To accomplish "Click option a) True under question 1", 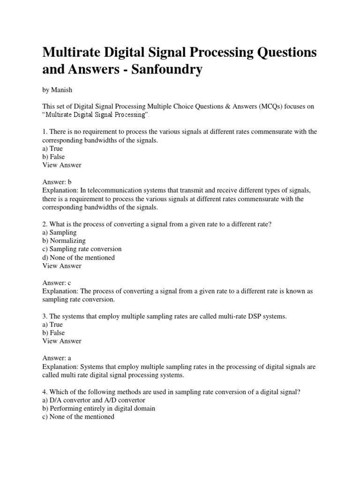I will coord(52,149).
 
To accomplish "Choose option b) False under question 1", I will coord(53,157).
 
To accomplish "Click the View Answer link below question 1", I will coord(62,165).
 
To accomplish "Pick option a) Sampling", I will coord(60,232).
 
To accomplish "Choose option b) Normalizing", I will coord(64,241).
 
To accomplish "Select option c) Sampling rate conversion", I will coord(82,249).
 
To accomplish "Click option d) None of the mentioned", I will coord(79,258).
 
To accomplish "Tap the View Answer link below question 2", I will coord(62,266).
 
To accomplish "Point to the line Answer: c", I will coord(57,283).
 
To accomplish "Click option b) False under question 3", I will coord(53,333).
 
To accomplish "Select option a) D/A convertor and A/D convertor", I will coord(94,400).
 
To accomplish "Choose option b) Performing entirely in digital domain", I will coord(99,408).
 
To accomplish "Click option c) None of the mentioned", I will coord(78,417).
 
